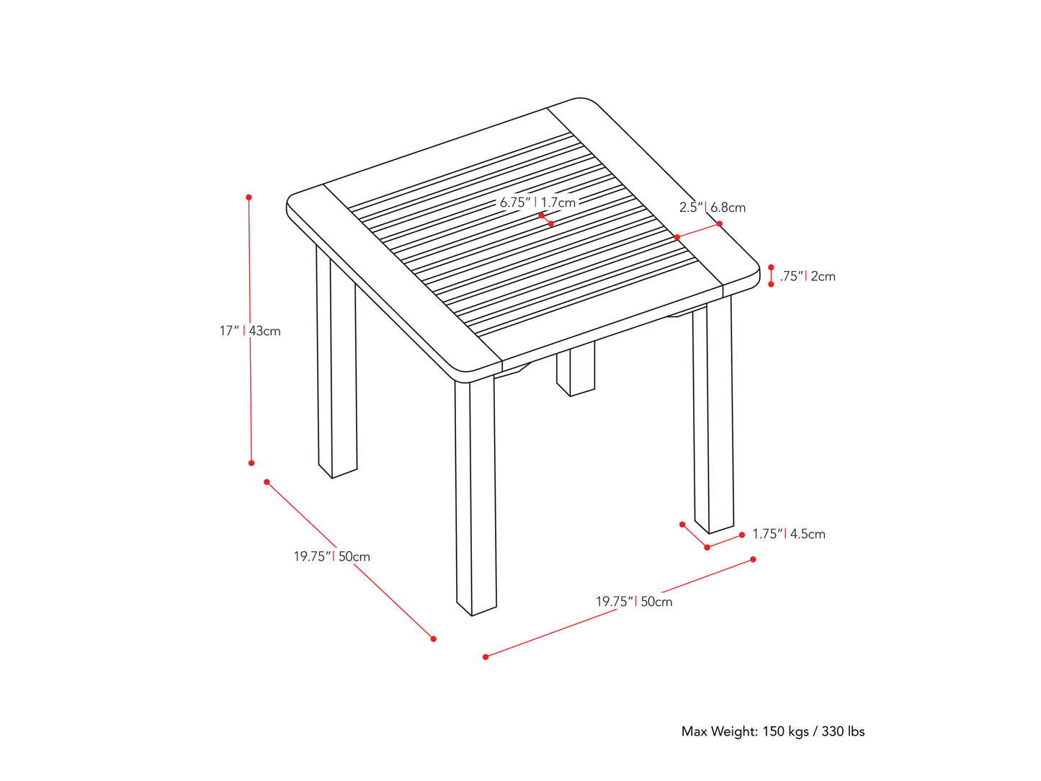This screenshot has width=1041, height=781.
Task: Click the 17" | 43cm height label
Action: coord(250,331)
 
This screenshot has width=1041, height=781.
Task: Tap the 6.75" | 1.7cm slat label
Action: coord(537,202)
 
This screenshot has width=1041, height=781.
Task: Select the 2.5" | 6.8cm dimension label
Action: coord(712,207)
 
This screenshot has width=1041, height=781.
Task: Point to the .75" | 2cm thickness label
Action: coord(807,276)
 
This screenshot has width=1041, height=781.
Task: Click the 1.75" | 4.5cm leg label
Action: coord(788,534)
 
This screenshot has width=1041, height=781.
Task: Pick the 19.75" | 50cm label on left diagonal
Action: coord(331,556)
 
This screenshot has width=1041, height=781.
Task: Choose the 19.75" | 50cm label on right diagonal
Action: coord(634,602)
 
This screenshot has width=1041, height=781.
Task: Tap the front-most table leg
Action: coord(475,497)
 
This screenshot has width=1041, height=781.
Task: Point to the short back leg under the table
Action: coord(576,369)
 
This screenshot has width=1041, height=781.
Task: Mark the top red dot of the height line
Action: coord(249,197)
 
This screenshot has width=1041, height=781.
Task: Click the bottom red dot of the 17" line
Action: coord(251,463)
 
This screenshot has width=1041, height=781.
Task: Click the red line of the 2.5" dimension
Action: coord(698,231)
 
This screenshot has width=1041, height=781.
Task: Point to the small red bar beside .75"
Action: coord(771,276)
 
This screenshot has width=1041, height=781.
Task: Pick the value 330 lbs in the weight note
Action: coord(843,731)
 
